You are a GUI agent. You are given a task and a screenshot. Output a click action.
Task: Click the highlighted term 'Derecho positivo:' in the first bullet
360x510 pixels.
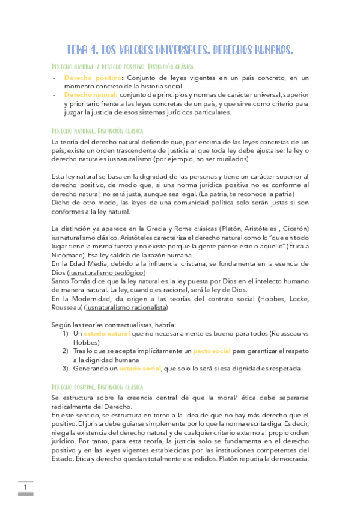pos(85,78)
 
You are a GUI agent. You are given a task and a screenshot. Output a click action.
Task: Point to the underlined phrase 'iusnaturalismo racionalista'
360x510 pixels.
pos(126,307)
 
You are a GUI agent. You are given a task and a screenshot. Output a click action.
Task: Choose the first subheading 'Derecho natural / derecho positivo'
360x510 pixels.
pos(123,66)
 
